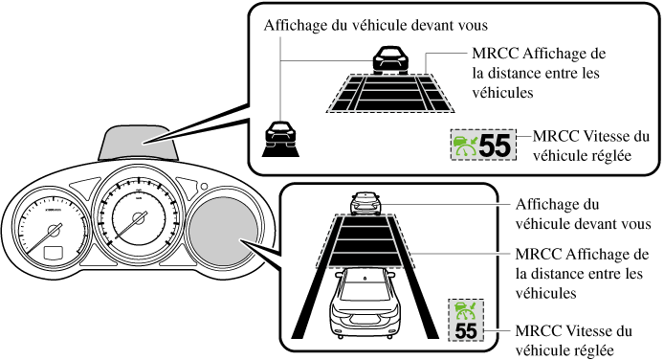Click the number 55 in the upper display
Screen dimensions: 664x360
(x=495, y=146)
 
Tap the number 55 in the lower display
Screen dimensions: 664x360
(x=466, y=330)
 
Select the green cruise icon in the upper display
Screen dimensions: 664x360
(x=465, y=146)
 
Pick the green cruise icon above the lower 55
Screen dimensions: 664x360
(x=466, y=311)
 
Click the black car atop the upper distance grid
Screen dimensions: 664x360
(x=390, y=60)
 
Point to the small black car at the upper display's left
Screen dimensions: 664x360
(x=280, y=139)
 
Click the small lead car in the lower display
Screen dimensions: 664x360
(x=365, y=203)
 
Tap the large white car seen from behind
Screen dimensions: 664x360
(x=365, y=302)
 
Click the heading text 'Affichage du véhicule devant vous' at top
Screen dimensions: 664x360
(x=376, y=26)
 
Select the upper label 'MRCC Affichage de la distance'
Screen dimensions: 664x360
(x=539, y=73)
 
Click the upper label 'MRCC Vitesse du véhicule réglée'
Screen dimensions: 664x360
(x=590, y=146)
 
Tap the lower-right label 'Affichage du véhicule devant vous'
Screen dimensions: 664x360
(x=583, y=214)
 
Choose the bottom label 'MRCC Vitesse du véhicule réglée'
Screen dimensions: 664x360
(x=574, y=341)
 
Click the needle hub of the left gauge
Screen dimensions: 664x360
(x=54, y=230)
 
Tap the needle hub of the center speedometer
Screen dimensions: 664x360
(x=139, y=218)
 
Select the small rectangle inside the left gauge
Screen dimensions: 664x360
(x=54, y=253)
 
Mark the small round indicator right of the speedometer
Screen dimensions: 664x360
(x=204, y=187)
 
